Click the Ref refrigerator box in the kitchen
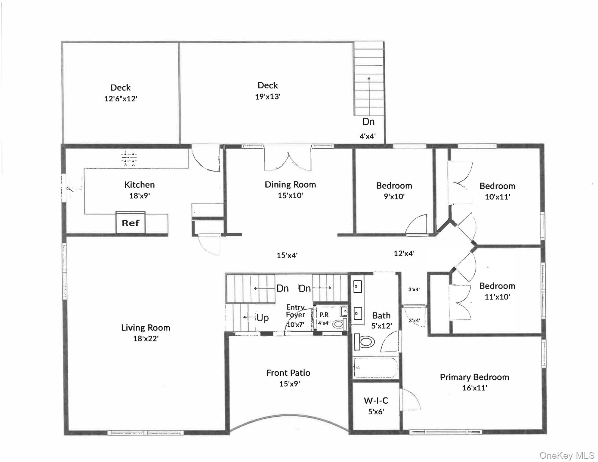[131, 223]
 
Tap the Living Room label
[146, 328]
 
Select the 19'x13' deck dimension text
[268, 97]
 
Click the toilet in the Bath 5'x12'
[365, 342]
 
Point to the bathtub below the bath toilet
[375, 368]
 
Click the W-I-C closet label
[376, 401]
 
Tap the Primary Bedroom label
[474, 377]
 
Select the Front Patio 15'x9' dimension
[289, 384]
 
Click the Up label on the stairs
[262, 318]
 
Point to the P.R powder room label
[324, 315]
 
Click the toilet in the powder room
[339, 324]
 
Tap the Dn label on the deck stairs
[368, 122]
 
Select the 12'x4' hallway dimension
[404, 254]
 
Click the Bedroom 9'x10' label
[394, 186]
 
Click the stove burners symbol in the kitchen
[129, 159]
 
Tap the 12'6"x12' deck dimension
[121, 99]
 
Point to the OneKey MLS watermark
[567, 455]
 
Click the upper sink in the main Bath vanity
[357, 287]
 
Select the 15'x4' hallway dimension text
[287, 255]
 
